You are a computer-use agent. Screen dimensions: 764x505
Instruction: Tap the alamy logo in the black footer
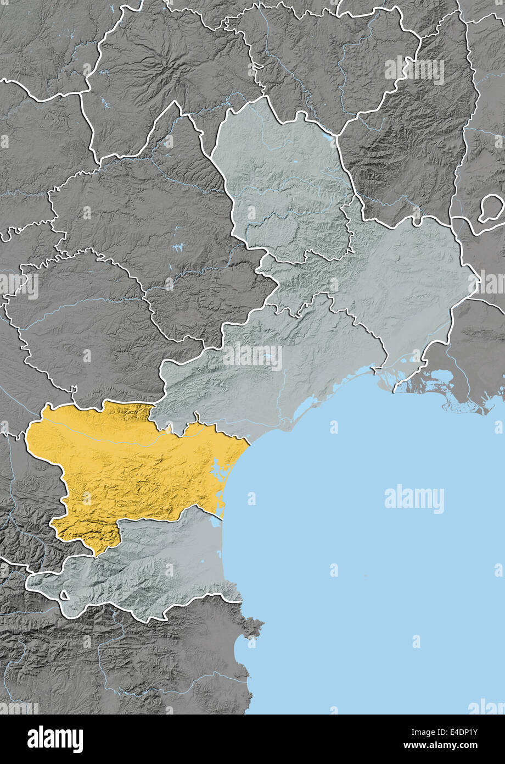point(55,739)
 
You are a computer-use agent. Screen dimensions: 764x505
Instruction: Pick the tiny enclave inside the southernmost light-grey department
point(65,595)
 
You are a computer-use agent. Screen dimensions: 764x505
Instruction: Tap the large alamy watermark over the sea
point(414,499)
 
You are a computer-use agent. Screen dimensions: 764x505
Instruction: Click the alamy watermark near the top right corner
point(414,70)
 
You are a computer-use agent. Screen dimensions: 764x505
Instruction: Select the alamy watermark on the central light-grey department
point(252,357)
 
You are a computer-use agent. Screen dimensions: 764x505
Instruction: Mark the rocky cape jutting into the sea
point(254,627)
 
